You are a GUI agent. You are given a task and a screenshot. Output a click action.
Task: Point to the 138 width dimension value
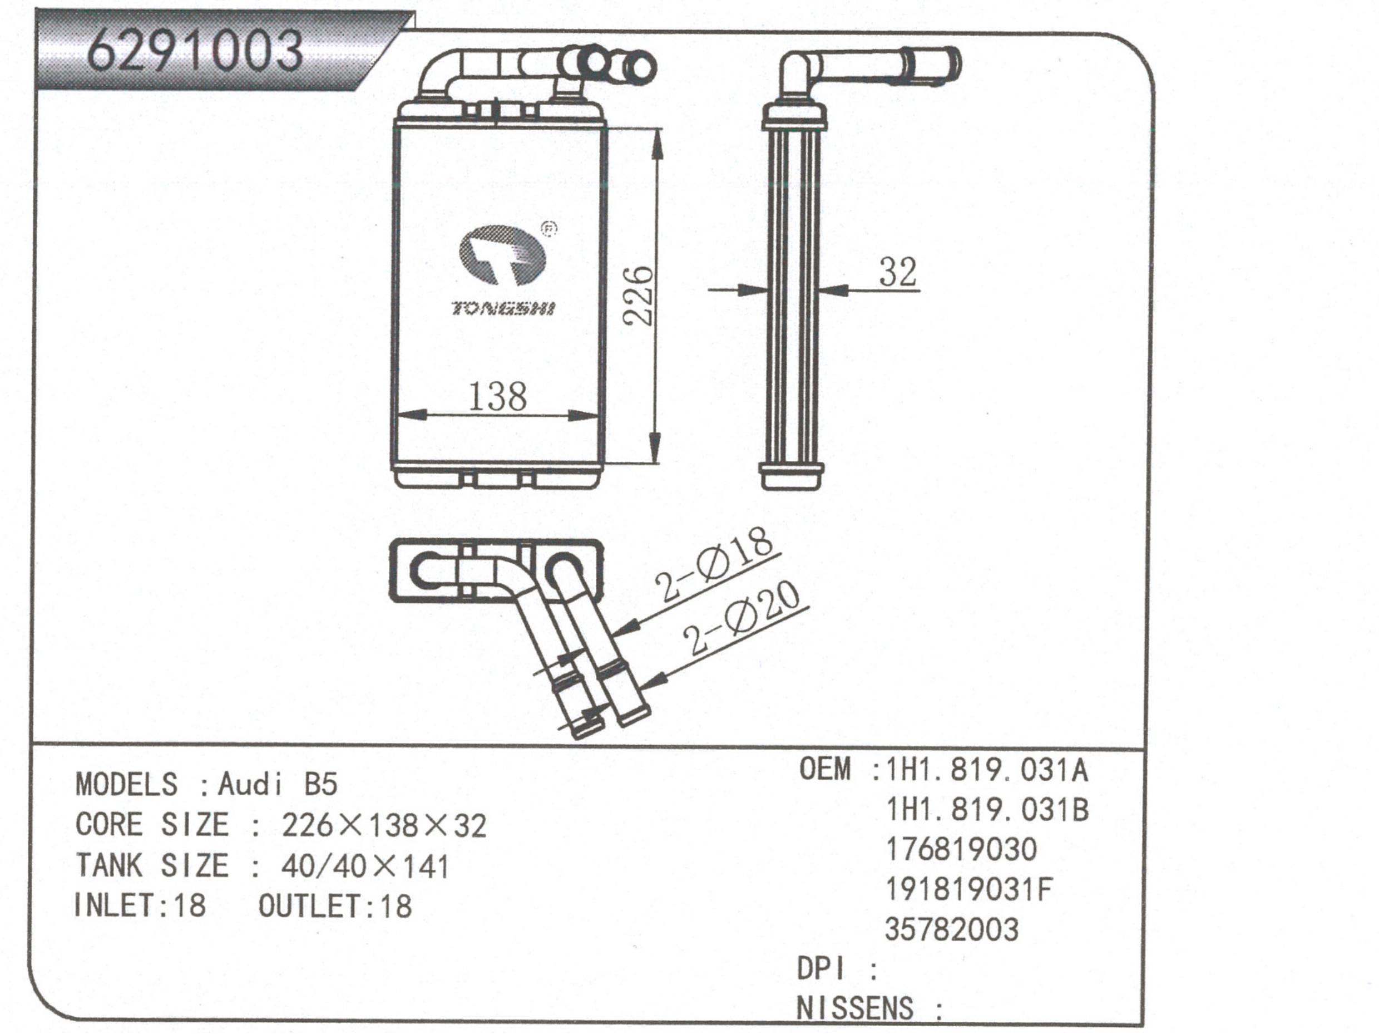[x=497, y=397]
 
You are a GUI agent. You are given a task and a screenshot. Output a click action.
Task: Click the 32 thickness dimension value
[x=898, y=273]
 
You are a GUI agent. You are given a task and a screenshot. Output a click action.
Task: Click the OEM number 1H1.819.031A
[x=987, y=771]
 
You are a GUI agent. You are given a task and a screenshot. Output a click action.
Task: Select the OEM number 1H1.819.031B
[x=987, y=810]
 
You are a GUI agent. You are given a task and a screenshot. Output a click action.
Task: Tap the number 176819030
[x=961, y=849]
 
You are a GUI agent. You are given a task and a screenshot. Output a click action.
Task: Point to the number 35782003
[x=951, y=929]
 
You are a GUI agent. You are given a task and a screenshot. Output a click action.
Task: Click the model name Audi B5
[x=278, y=785]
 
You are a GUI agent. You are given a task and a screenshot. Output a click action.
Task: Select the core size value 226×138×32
[x=383, y=826]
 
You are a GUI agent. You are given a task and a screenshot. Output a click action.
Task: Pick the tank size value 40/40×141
[x=365, y=866]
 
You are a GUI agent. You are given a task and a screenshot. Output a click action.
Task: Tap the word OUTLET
[x=309, y=906]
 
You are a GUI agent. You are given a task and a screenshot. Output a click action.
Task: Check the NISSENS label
[x=854, y=1008]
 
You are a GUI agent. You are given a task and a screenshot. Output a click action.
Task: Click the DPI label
[x=822, y=969]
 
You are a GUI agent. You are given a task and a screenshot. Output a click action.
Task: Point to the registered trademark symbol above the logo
[x=548, y=229]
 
